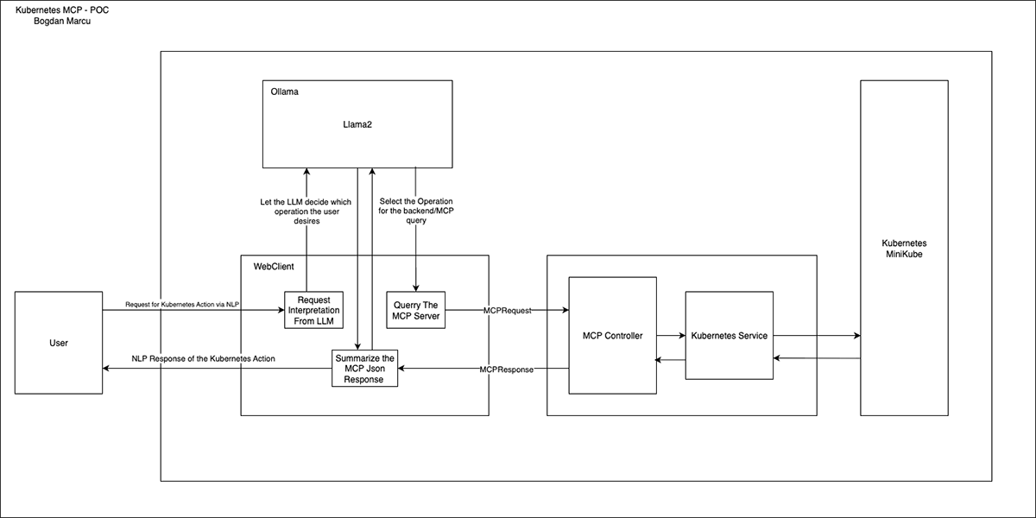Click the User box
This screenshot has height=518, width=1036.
(59, 343)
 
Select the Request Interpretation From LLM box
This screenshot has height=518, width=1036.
(313, 311)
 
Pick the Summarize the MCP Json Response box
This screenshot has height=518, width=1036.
(364, 369)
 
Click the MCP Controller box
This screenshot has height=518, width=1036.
(612, 335)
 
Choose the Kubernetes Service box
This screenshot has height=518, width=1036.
(729, 335)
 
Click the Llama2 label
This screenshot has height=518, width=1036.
(357, 124)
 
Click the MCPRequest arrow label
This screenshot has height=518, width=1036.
(507, 310)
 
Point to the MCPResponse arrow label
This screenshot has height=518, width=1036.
(507, 369)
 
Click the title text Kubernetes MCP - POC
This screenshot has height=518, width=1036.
(57, 9)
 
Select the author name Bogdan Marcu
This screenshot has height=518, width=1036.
(57, 21)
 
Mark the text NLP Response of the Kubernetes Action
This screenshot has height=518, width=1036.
(203, 358)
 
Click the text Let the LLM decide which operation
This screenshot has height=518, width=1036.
(306, 202)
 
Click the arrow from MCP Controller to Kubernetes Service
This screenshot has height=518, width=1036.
(670, 335)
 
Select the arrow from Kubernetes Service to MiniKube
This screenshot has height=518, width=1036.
(816, 335)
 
